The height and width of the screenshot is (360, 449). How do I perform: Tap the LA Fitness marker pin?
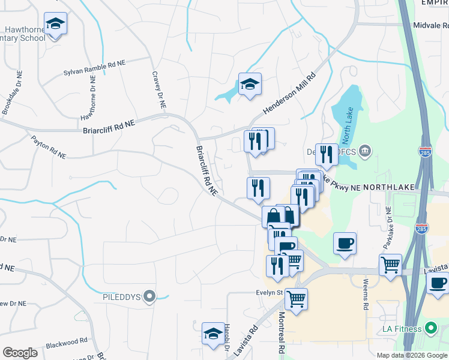430,328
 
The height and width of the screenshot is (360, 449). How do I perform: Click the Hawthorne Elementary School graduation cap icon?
56,24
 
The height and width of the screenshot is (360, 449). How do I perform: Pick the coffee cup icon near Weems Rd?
345,244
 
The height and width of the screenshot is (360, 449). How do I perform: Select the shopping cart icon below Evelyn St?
296,298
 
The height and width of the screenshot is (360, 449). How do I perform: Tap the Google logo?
20,353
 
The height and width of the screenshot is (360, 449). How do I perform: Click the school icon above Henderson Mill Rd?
250,84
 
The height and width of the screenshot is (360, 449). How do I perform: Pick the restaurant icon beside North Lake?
327,155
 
